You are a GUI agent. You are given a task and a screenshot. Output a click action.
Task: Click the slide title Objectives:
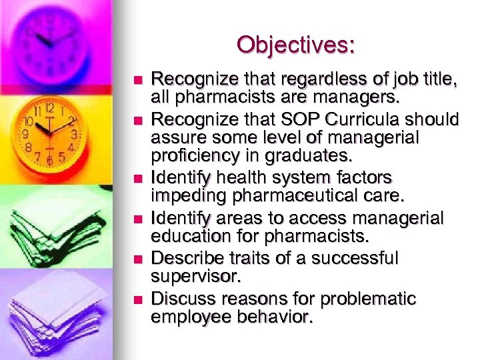[295, 45]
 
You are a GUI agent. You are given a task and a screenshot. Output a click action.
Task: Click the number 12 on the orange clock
[49, 108]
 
